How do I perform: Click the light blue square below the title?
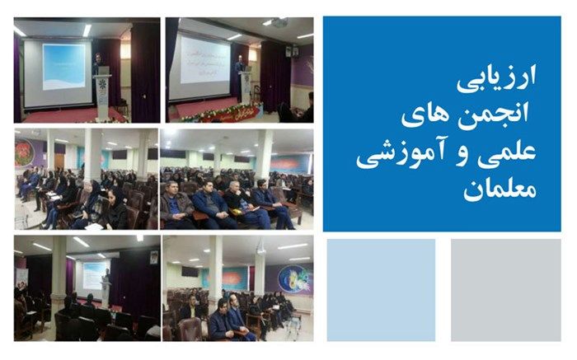[380, 288]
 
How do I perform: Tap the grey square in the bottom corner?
[505, 288]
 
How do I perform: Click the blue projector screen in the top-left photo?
[64, 67]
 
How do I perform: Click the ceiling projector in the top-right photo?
[280, 23]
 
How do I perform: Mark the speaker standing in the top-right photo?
[241, 78]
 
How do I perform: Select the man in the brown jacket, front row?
[175, 205]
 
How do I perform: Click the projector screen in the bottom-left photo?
[92, 274]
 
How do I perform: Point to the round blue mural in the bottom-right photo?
[294, 280]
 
